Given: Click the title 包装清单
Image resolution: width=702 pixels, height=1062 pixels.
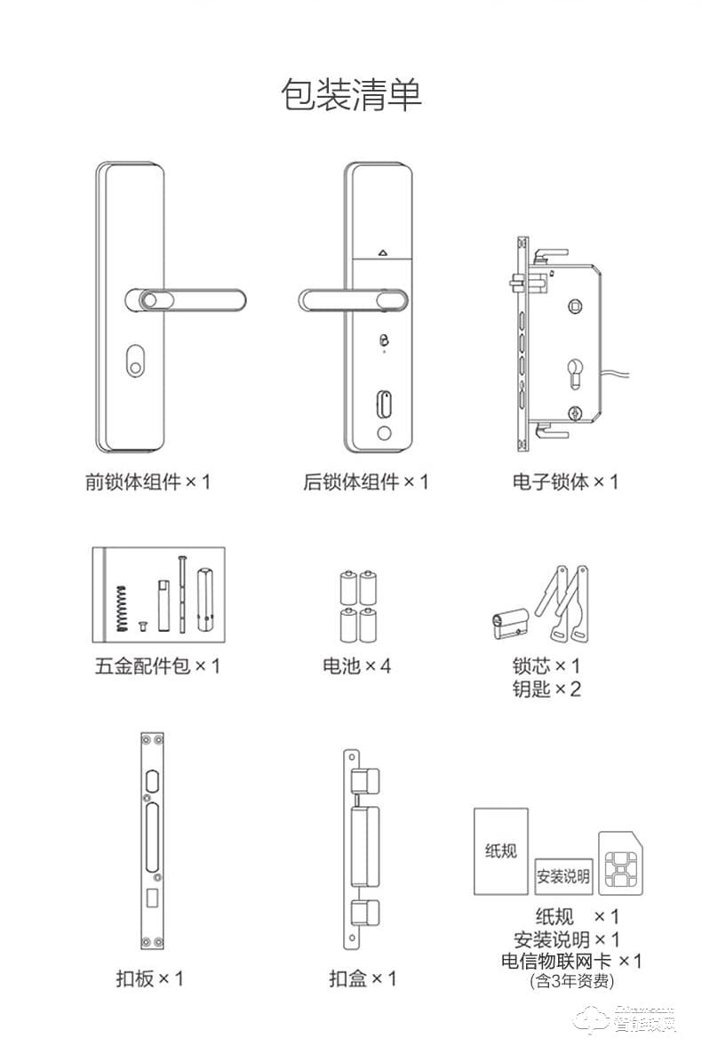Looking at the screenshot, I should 351,95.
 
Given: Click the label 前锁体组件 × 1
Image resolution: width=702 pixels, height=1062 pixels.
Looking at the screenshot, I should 148,482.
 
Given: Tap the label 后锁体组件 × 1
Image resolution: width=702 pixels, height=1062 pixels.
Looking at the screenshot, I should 365,482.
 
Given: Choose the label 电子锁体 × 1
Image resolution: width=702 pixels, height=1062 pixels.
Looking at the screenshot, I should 565,482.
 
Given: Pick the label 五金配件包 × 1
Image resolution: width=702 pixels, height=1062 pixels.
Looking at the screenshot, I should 157,665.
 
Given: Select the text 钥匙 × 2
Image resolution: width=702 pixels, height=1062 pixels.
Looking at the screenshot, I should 546,689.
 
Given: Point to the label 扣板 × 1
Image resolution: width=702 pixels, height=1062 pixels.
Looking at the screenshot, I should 149,978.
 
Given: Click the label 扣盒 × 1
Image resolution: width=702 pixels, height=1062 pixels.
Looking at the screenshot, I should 363,978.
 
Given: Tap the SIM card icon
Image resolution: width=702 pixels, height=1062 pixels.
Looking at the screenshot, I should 620,864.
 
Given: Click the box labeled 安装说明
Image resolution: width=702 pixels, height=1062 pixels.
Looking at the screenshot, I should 562,876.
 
